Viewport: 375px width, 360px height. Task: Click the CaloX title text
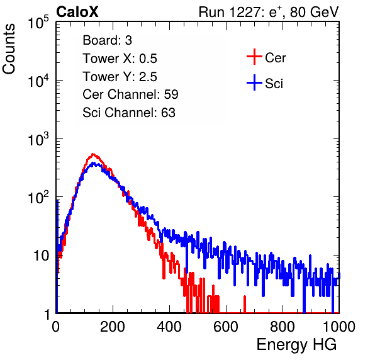(77, 12)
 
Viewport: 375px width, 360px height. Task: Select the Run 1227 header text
(269, 12)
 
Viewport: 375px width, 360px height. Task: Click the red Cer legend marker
(254, 57)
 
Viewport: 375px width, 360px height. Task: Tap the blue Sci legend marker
(254, 82)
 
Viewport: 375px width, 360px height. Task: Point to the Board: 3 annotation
(107, 40)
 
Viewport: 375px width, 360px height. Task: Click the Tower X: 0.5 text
(120, 59)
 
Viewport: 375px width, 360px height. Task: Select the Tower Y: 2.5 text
(120, 77)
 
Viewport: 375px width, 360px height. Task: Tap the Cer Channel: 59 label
(130, 94)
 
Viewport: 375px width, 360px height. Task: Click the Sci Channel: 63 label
(129, 113)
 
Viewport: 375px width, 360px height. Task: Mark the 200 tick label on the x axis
(113, 327)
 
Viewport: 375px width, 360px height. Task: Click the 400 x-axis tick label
(169, 327)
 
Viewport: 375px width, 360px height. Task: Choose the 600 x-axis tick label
(226, 327)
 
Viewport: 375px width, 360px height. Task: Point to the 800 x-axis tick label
(283, 327)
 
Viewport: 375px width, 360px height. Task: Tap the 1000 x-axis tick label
(339, 327)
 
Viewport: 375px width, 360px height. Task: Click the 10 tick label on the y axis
(41, 256)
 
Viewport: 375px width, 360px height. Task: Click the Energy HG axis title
(297, 345)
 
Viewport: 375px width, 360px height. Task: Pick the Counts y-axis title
(9, 49)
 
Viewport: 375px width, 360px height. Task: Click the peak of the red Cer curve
(93, 154)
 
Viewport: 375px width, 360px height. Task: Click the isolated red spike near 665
(244, 304)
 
